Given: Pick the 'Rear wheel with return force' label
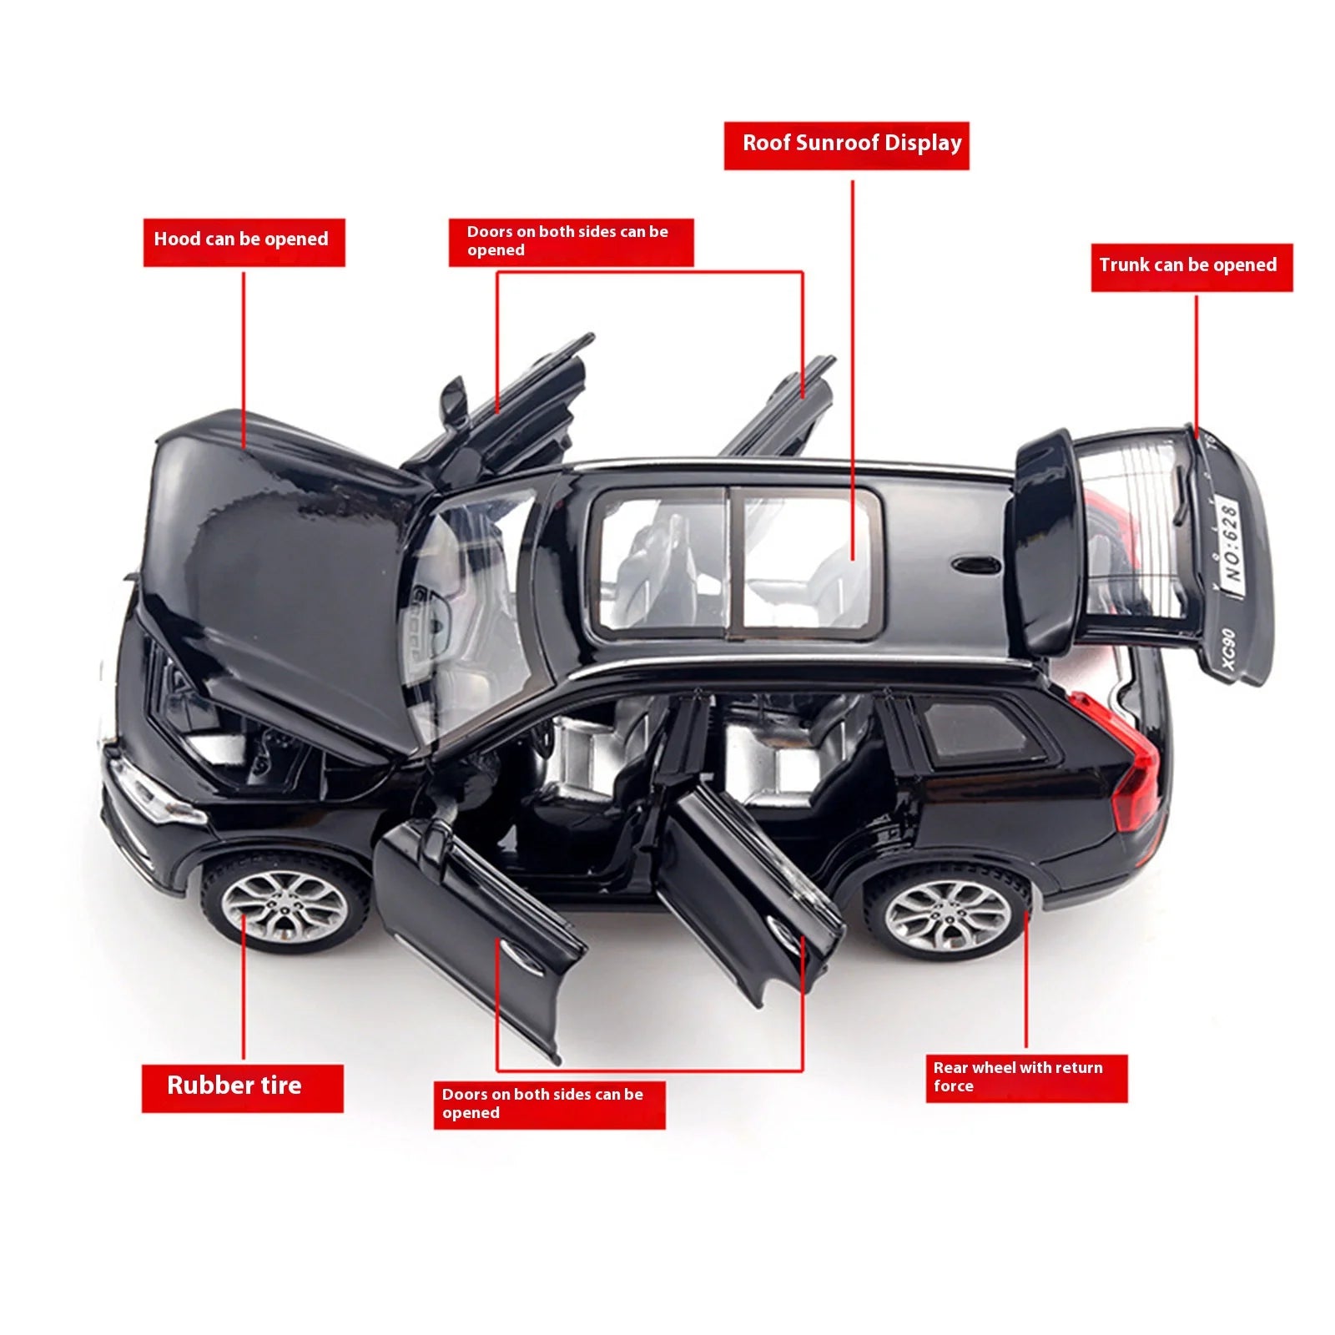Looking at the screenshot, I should point(1025,1077).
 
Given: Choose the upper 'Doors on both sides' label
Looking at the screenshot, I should point(571,242).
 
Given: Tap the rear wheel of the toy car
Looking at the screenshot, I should point(947,915).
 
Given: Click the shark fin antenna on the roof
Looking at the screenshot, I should point(975,565).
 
